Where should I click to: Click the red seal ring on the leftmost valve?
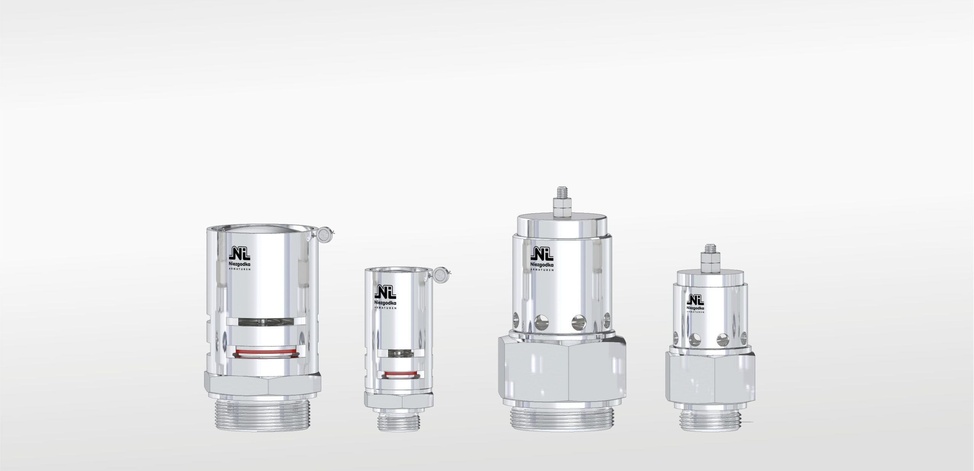tap(265, 350)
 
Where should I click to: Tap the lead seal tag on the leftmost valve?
tap(324, 234)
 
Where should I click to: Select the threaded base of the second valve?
tap(399, 422)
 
